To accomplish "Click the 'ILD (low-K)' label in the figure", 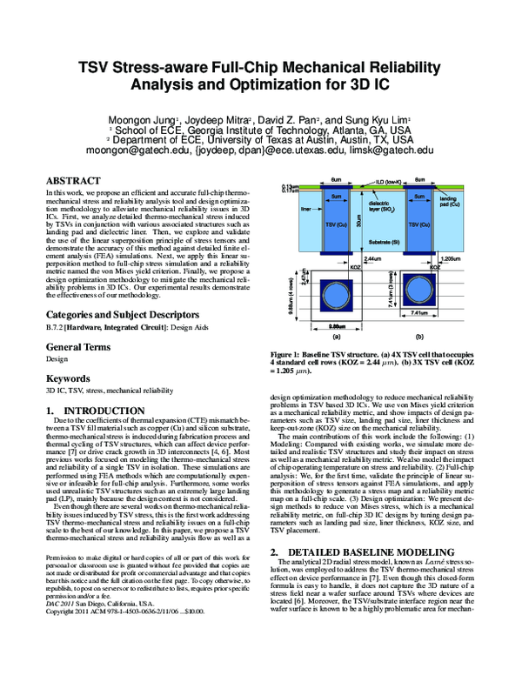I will [x=378, y=183].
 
